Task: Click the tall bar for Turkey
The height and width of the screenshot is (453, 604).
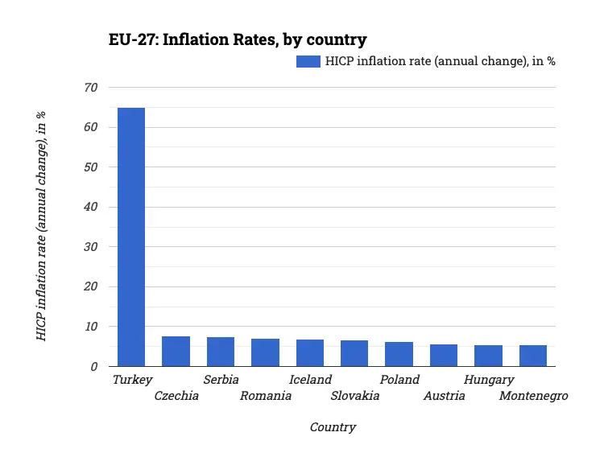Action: coord(131,237)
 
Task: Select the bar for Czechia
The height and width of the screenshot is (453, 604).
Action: coord(176,352)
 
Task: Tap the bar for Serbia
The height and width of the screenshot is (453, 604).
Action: coord(221,352)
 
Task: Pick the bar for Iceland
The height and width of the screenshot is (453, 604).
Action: coord(310,353)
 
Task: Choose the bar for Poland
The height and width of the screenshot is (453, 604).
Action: coord(399,354)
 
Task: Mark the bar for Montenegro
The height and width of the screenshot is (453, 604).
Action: coord(533,356)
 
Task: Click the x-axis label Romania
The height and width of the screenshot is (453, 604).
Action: coord(266,396)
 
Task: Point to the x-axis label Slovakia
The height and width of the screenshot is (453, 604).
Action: coord(354,396)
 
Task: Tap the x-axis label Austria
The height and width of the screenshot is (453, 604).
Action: coord(445,396)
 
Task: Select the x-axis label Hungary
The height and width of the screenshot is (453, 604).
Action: coord(489,380)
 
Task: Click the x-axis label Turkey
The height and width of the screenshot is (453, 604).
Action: coord(132,380)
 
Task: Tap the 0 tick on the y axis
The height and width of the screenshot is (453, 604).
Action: coord(93,367)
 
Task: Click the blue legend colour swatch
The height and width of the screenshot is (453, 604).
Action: coord(308,62)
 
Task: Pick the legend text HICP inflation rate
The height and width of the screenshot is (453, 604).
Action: coord(440,62)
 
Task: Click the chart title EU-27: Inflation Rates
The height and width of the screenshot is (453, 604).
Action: coord(238,39)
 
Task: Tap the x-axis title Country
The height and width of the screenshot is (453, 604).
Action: coord(333,427)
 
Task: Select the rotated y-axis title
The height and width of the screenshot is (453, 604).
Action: coord(41,226)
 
